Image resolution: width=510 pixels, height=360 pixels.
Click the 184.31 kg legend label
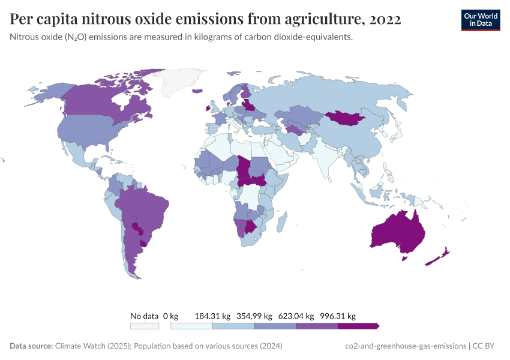(x=212, y=316)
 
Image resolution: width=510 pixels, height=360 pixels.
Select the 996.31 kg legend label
(x=338, y=316)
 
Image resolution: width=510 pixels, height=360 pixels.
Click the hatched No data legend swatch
(x=145, y=326)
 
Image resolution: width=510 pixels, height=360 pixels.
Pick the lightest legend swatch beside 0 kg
(x=191, y=326)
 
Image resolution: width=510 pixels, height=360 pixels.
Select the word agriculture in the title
(x=311, y=20)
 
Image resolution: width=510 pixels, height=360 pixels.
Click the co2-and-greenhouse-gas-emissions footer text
(x=406, y=346)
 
